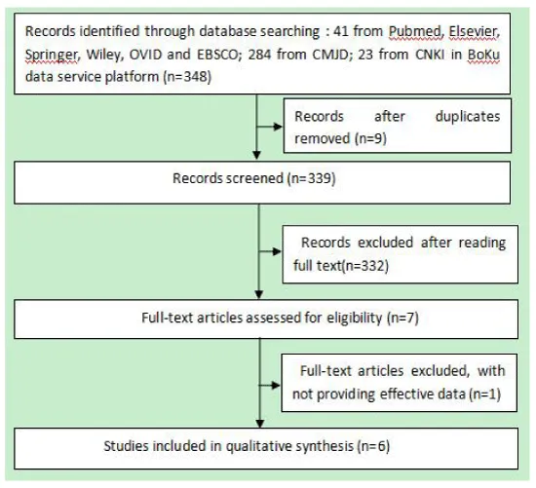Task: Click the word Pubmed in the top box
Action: (414, 31)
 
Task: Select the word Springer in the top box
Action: (52, 55)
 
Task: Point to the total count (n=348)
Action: (187, 77)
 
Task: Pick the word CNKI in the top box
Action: (430, 55)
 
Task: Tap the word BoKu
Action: (483, 55)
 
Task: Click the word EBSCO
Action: (217, 55)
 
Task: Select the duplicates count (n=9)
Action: (371, 138)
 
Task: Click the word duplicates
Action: (468, 117)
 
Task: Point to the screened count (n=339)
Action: (312, 178)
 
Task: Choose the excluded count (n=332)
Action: (365, 266)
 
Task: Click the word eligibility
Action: (355, 318)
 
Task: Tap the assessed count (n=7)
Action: (403, 318)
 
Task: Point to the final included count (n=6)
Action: (373, 446)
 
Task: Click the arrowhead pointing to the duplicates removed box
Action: (278, 128)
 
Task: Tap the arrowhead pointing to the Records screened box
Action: (256, 156)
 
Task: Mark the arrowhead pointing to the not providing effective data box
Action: (276, 386)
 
